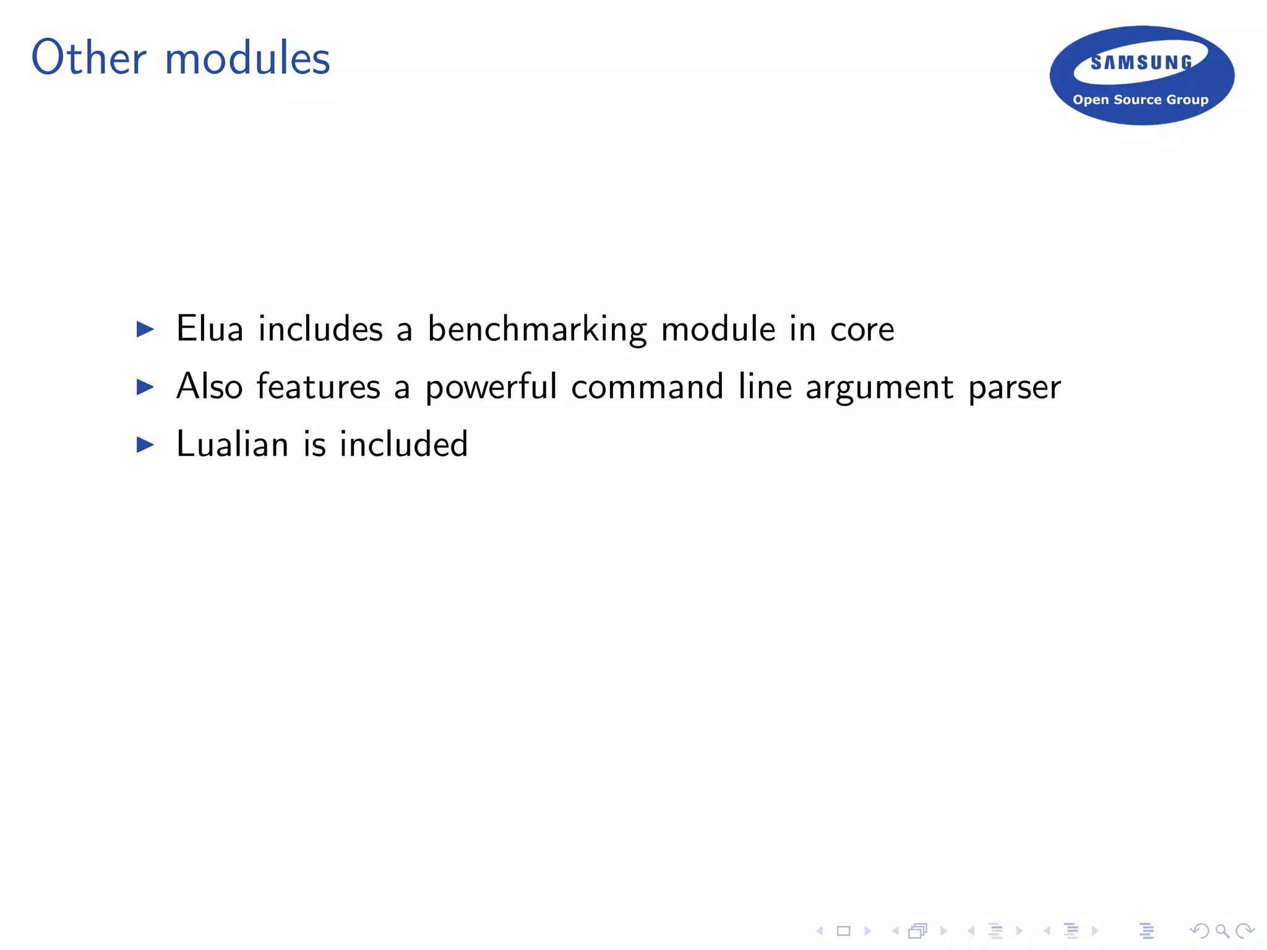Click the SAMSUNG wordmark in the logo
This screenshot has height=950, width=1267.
click(x=1141, y=62)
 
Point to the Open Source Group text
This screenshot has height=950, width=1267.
click(x=1140, y=100)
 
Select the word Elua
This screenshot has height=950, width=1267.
click(x=210, y=328)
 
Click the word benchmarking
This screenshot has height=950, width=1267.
click(x=537, y=330)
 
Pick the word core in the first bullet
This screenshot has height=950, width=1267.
click(x=862, y=330)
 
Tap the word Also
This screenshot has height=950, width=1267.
click(x=209, y=387)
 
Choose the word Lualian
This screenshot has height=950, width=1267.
click(x=232, y=444)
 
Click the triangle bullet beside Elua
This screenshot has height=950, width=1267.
click(x=145, y=329)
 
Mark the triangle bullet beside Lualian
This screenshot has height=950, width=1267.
click(x=145, y=445)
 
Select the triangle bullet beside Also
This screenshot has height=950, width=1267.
click(x=145, y=387)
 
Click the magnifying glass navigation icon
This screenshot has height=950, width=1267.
click(x=1222, y=931)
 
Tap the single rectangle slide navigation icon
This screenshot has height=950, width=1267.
click(x=843, y=931)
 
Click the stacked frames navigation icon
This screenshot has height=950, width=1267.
click(x=918, y=931)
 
